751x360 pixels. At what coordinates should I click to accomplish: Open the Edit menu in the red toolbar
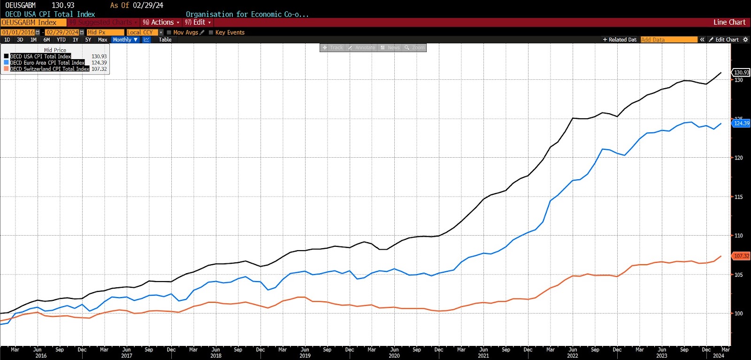pyautogui.click(x=198, y=22)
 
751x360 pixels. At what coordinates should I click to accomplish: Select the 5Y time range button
pyautogui.click(x=88, y=40)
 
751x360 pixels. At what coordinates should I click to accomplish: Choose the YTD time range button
pyautogui.click(x=61, y=40)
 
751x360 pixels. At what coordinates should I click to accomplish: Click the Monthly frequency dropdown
pyautogui.click(x=125, y=40)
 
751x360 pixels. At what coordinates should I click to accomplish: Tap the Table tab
pyautogui.click(x=165, y=40)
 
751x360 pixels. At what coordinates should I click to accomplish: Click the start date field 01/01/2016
pyautogui.click(x=18, y=32)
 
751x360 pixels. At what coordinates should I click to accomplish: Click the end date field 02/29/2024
pyautogui.click(x=62, y=32)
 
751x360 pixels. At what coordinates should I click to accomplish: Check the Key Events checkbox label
pyautogui.click(x=230, y=32)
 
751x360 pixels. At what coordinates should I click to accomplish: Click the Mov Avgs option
pyautogui.click(x=185, y=32)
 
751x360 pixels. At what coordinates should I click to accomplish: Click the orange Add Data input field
pyautogui.click(x=668, y=40)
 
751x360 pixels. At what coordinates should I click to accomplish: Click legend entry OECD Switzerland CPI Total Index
pyautogui.click(x=49, y=69)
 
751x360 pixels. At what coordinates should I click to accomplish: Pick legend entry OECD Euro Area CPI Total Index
pyautogui.click(x=47, y=62)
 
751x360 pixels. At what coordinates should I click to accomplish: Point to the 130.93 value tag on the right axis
pyautogui.click(x=742, y=72)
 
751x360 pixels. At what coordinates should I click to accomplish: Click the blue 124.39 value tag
pyautogui.click(x=742, y=123)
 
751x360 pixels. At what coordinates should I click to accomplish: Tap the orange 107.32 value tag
pyautogui.click(x=742, y=256)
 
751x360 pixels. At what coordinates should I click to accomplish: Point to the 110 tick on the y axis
pyautogui.click(x=738, y=236)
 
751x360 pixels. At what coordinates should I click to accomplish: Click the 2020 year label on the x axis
pyautogui.click(x=394, y=356)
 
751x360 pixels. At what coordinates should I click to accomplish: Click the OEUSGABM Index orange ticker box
pyautogui.click(x=33, y=22)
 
